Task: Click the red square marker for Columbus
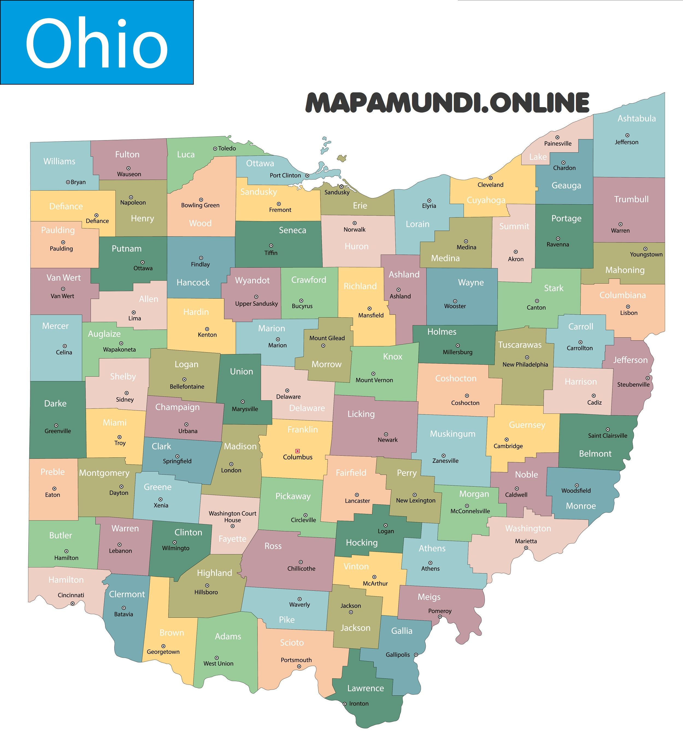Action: coord(297,451)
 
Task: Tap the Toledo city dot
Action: coord(215,149)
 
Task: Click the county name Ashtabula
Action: coord(636,118)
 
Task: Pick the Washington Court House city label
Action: coord(232,517)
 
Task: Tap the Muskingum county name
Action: coord(453,434)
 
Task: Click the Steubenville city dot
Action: coord(647,378)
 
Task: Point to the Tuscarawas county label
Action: coord(519,345)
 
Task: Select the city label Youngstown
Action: coord(646,254)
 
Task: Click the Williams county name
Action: coord(59,161)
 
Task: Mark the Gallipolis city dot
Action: coord(416,655)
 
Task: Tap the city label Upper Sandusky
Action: coord(256,304)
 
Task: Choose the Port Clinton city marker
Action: coord(307,176)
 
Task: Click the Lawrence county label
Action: coord(365,688)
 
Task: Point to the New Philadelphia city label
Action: coord(525,364)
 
